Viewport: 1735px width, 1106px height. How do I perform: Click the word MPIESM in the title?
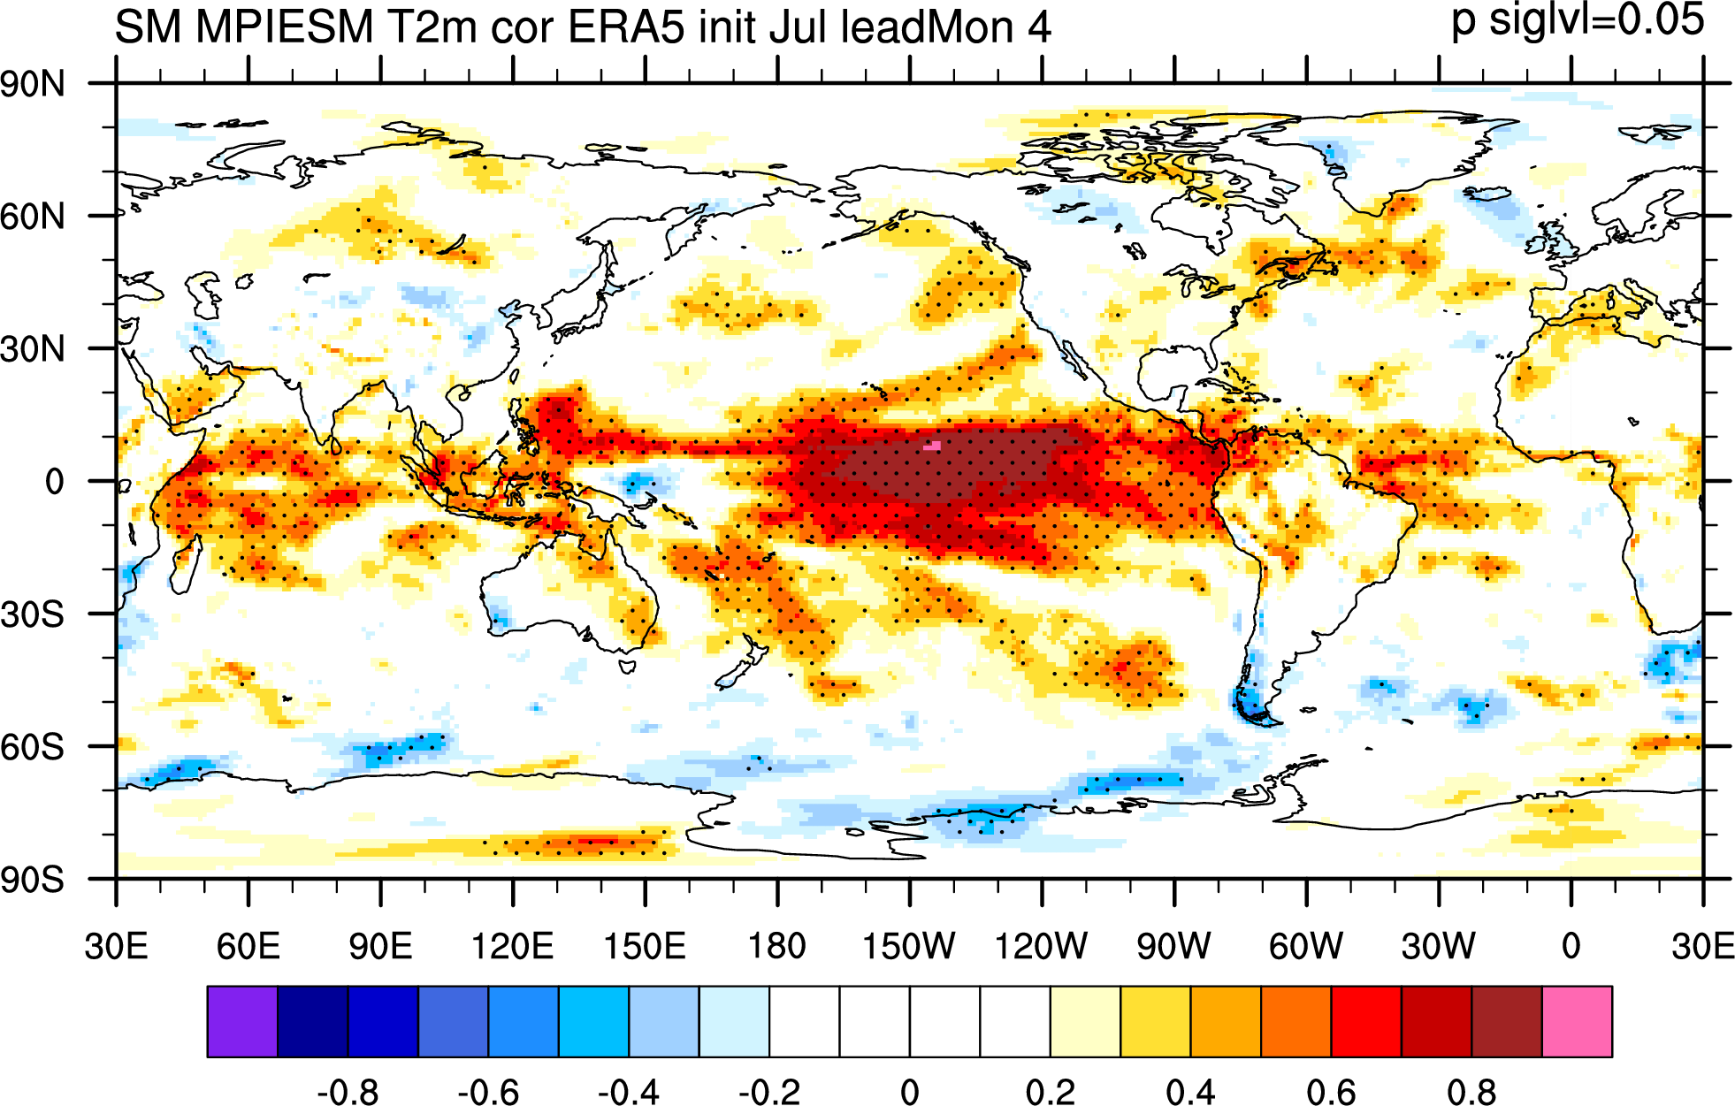click(285, 27)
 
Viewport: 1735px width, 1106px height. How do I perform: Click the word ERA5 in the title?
click(625, 27)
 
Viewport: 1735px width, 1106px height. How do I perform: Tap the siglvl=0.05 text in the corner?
click(1597, 20)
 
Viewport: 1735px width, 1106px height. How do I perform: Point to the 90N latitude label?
click(33, 85)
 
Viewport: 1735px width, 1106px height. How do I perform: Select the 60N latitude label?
click(33, 217)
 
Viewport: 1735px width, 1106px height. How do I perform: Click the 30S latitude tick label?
click(33, 614)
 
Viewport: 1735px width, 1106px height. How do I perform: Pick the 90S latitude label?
click(33, 880)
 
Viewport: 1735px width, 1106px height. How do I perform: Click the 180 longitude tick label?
click(777, 947)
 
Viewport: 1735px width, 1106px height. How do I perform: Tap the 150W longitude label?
click(909, 947)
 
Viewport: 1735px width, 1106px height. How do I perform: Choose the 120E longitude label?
click(512, 947)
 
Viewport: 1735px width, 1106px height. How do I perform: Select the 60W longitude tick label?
click(1306, 947)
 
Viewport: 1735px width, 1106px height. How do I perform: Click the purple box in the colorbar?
click(242, 1022)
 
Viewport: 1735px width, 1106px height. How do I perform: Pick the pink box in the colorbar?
click(1577, 1022)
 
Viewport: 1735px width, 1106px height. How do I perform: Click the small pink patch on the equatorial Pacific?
click(932, 446)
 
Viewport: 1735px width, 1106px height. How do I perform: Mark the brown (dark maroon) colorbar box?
click(1507, 1022)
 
